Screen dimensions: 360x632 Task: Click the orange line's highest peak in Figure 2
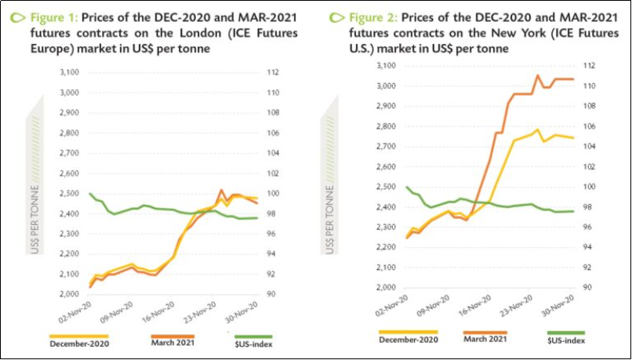tap(537, 75)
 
